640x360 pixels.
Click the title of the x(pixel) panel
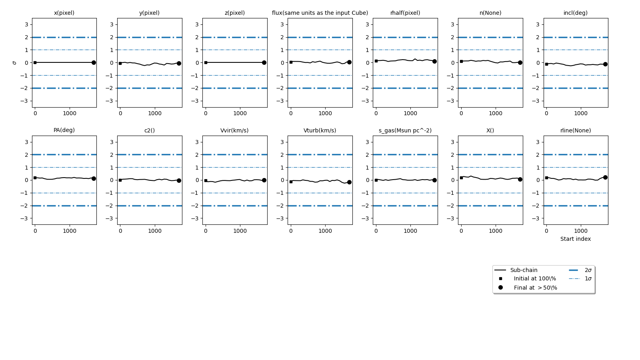click(64, 13)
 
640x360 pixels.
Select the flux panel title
click(320, 13)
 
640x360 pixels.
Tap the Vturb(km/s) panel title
click(320, 130)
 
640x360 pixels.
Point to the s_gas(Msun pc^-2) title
click(405, 130)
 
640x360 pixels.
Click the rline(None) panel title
click(576, 130)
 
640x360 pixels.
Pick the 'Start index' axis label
click(576, 239)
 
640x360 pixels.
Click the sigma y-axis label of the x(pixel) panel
click(14, 63)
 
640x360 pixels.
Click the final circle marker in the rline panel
click(605, 177)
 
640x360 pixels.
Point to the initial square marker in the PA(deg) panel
click(35, 178)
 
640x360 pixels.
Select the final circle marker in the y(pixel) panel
click(179, 63)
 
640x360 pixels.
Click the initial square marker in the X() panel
click(461, 178)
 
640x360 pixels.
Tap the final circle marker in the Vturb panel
click(349, 182)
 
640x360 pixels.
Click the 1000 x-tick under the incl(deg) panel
click(581, 113)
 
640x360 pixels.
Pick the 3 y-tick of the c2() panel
click(112, 142)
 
